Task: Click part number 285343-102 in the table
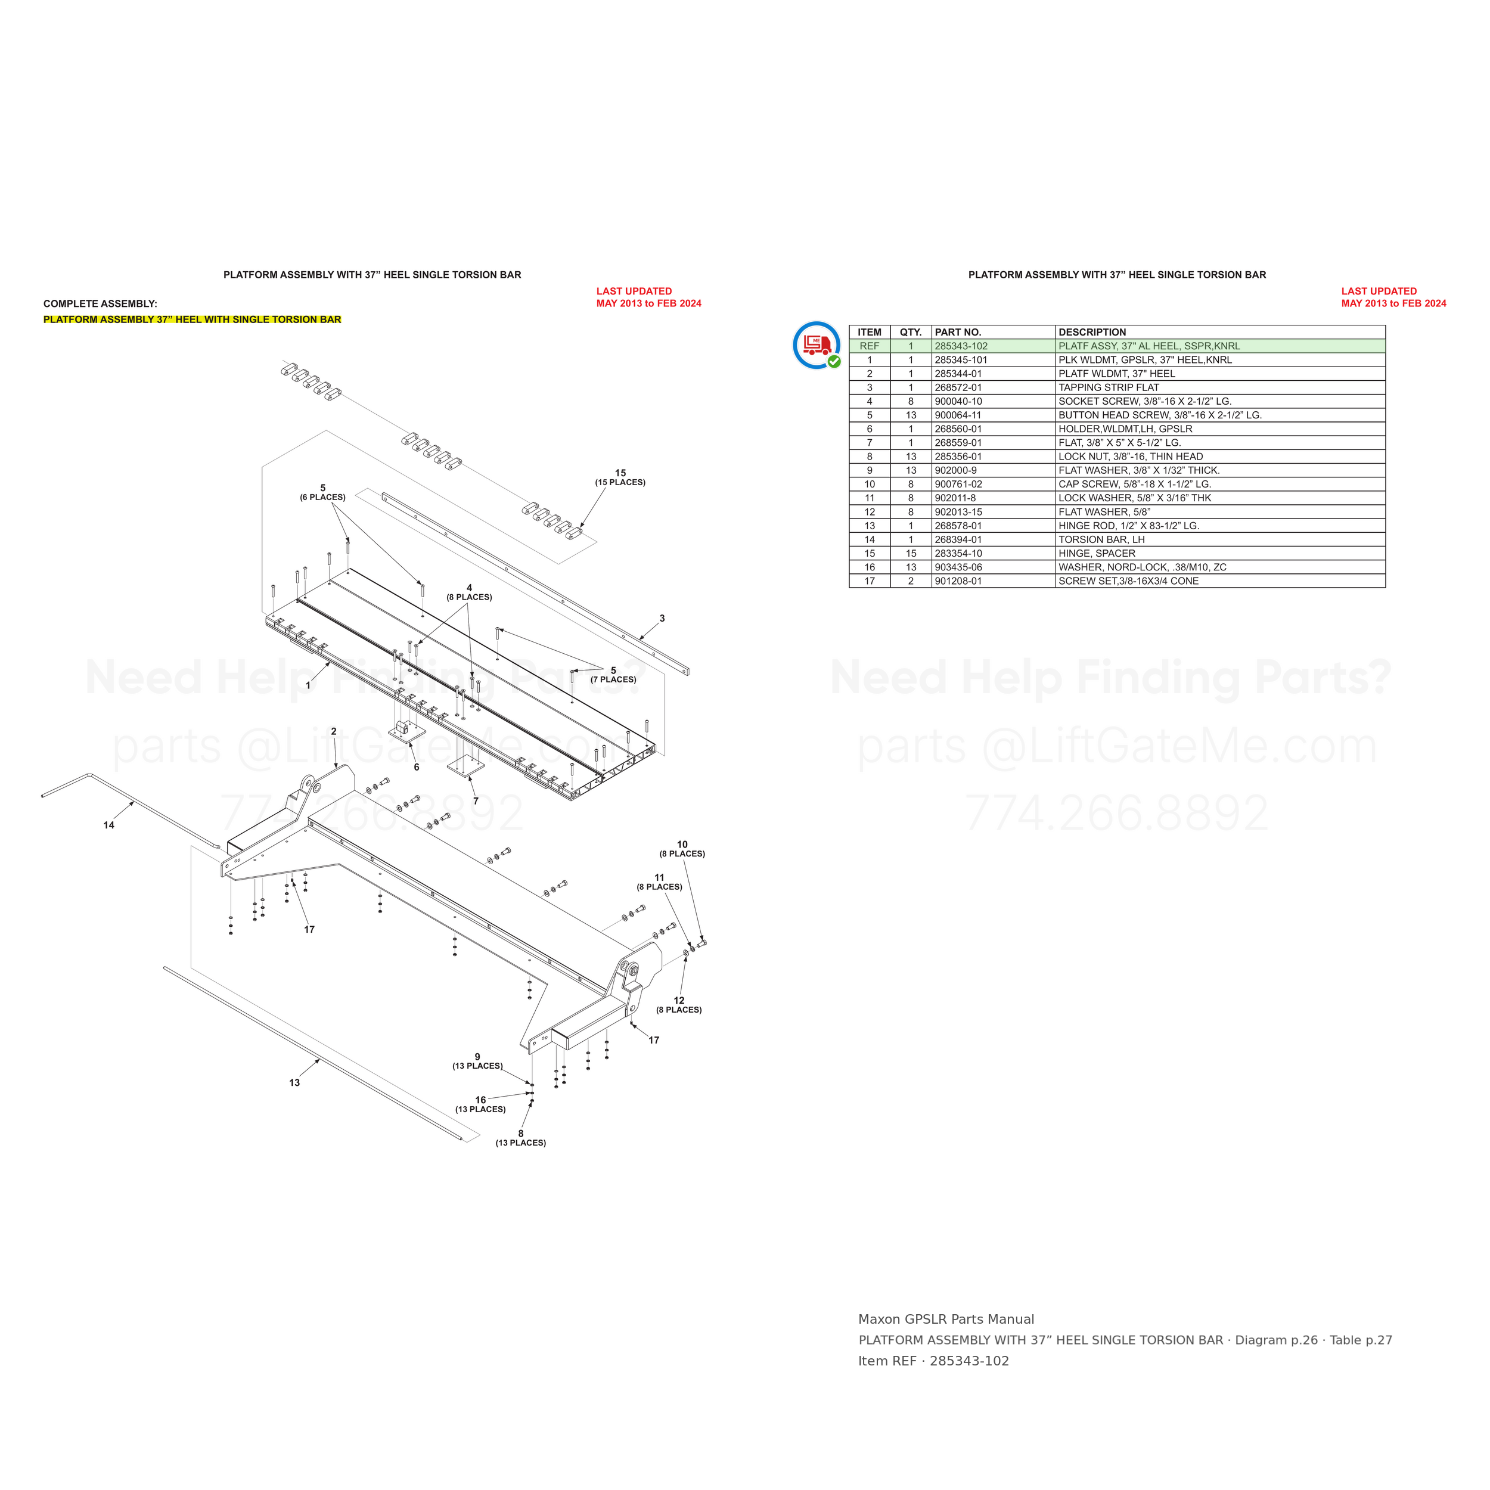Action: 960,346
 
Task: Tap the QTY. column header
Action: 910,333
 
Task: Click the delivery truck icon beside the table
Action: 817,344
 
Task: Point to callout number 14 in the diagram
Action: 108,825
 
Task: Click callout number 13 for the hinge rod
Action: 294,1083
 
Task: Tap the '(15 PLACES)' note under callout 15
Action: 620,483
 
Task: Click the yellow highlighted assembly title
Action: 192,319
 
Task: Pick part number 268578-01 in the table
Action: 958,526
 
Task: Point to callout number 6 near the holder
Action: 417,768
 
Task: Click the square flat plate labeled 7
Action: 466,766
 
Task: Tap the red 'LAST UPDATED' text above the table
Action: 1379,291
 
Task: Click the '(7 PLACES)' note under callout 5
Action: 613,679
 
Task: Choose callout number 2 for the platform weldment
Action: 334,731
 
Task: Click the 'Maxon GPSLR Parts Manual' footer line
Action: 946,1320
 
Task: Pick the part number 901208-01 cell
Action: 958,582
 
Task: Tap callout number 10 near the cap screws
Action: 682,845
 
